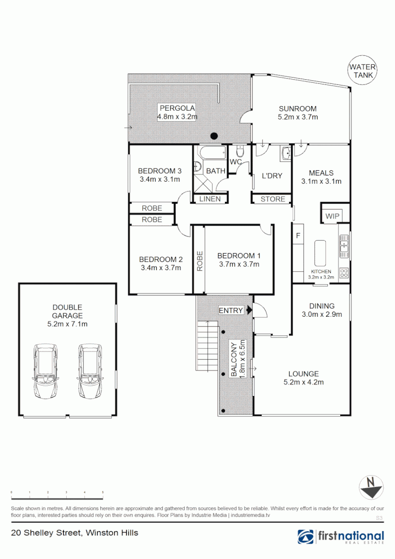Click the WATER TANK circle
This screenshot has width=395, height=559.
(x=362, y=70)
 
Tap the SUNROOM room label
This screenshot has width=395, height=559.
(x=297, y=109)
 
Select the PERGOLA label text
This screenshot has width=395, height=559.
(x=177, y=108)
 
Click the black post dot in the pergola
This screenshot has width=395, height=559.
(x=214, y=136)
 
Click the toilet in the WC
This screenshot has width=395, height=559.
(x=239, y=152)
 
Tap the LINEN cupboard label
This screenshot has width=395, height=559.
(x=210, y=199)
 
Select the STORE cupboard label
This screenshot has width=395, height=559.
(x=272, y=199)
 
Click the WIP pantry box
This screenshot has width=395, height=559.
(x=331, y=215)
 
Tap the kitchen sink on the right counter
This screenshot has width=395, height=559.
(x=344, y=244)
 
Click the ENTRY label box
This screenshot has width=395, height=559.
(x=231, y=310)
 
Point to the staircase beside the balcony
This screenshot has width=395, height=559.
(x=207, y=345)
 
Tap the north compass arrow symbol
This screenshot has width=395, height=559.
(x=372, y=487)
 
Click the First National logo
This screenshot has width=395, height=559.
(x=341, y=536)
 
